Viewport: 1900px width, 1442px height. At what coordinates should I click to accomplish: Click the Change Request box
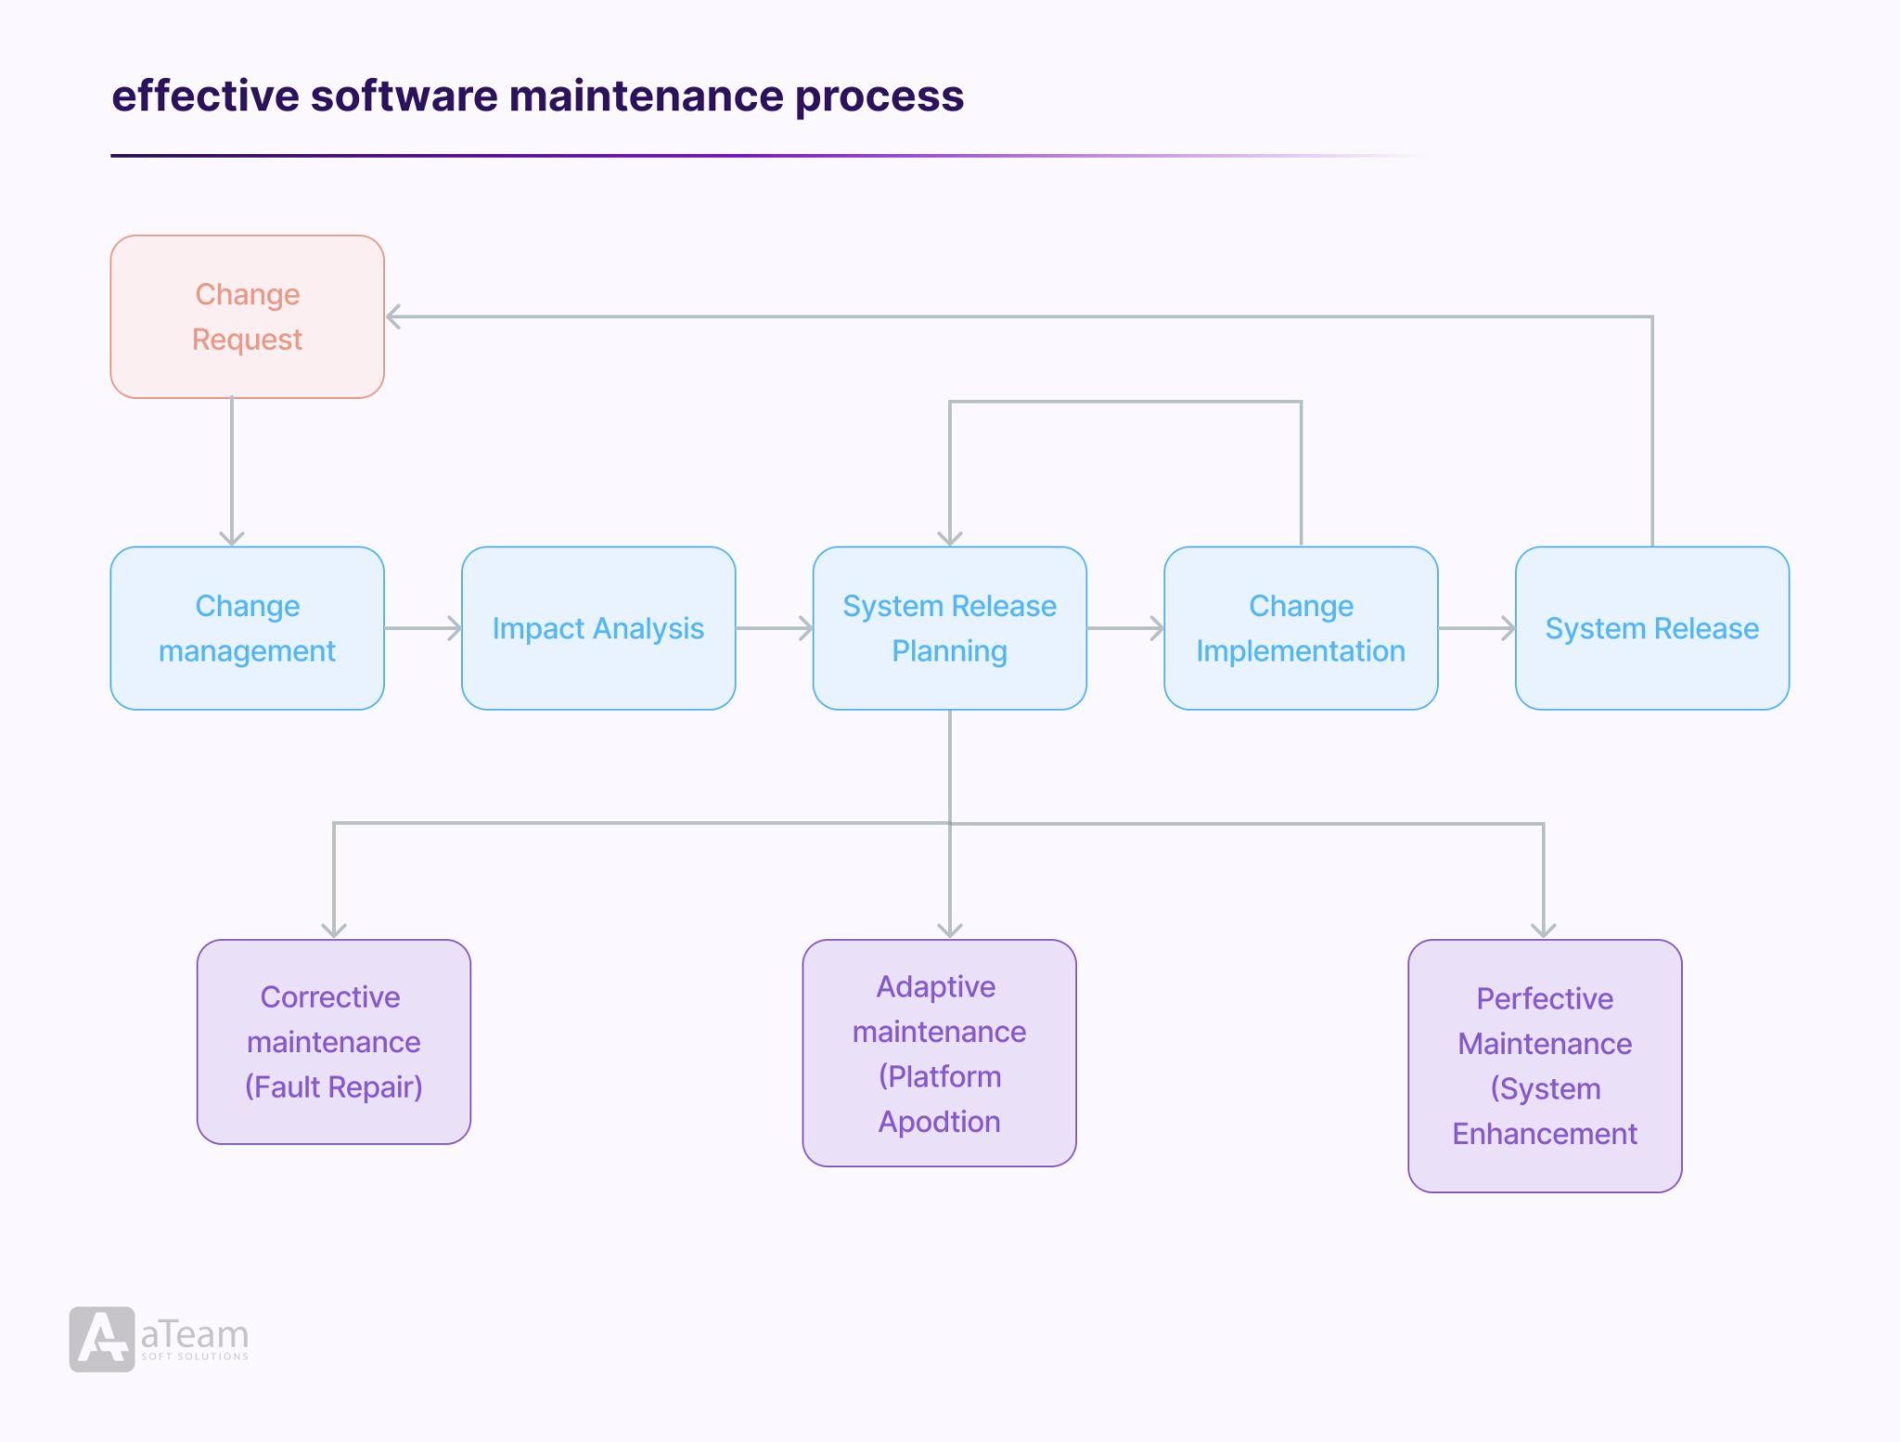tap(247, 316)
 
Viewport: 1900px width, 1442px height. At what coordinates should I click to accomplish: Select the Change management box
tap(247, 628)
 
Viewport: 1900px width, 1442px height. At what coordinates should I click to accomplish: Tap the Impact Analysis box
tap(597, 628)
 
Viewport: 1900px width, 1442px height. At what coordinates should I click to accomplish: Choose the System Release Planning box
tap(949, 628)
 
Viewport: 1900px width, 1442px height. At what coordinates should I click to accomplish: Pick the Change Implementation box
tap(1301, 628)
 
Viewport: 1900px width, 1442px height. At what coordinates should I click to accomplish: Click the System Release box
tap(1651, 628)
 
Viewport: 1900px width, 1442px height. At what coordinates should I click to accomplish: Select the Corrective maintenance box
tap(333, 1041)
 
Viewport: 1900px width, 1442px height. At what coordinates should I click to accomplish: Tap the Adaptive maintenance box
tap(939, 1052)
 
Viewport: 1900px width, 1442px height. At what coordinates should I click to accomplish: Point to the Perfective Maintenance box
tap(1545, 1065)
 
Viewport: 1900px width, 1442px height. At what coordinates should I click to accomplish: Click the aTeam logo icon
tap(102, 1339)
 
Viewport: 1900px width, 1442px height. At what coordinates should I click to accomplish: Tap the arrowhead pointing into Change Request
tap(393, 316)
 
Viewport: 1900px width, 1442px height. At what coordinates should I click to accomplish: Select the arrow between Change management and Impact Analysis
tap(423, 628)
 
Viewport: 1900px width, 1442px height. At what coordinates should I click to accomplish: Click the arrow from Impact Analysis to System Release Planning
tap(774, 628)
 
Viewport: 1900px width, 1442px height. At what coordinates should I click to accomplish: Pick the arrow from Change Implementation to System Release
tap(1476, 628)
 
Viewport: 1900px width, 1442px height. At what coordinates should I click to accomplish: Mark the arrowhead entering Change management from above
tap(232, 537)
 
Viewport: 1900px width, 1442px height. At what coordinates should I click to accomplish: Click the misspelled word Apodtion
tap(939, 1122)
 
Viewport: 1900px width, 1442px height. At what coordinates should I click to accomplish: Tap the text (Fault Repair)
tap(333, 1087)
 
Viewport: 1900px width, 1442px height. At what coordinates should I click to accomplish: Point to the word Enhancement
tap(1545, 1134)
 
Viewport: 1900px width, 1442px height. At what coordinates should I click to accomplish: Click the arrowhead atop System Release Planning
tap(949, 537)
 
